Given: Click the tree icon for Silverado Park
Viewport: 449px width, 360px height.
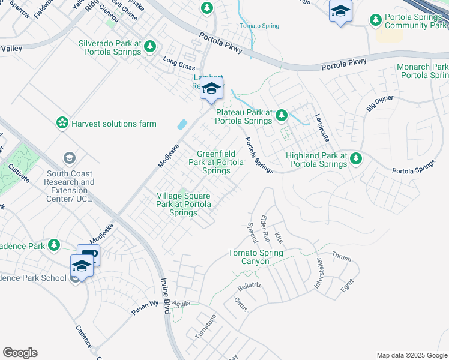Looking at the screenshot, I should (x=150, y=46).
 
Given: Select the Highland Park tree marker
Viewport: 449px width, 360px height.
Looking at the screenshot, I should (x=357, y=158).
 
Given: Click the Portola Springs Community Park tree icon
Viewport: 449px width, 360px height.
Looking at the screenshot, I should (x=376, y=21).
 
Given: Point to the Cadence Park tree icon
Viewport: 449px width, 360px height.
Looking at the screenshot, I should (x=54, y=245).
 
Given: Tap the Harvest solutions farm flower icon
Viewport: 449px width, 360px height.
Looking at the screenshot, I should (x=62, y=123).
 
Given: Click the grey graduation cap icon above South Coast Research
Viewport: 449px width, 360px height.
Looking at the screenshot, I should (x=70, y=158).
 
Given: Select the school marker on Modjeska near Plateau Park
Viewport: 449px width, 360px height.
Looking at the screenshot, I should (x=211, y=89).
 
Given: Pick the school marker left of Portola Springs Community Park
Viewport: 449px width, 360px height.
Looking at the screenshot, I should (x=340, y=12).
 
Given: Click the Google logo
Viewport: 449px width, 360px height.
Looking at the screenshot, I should (x=20, y=353).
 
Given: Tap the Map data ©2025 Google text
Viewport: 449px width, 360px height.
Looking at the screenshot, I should (x=411, y=355).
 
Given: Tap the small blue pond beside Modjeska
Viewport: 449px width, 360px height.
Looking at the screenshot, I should (x=182, y=125).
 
